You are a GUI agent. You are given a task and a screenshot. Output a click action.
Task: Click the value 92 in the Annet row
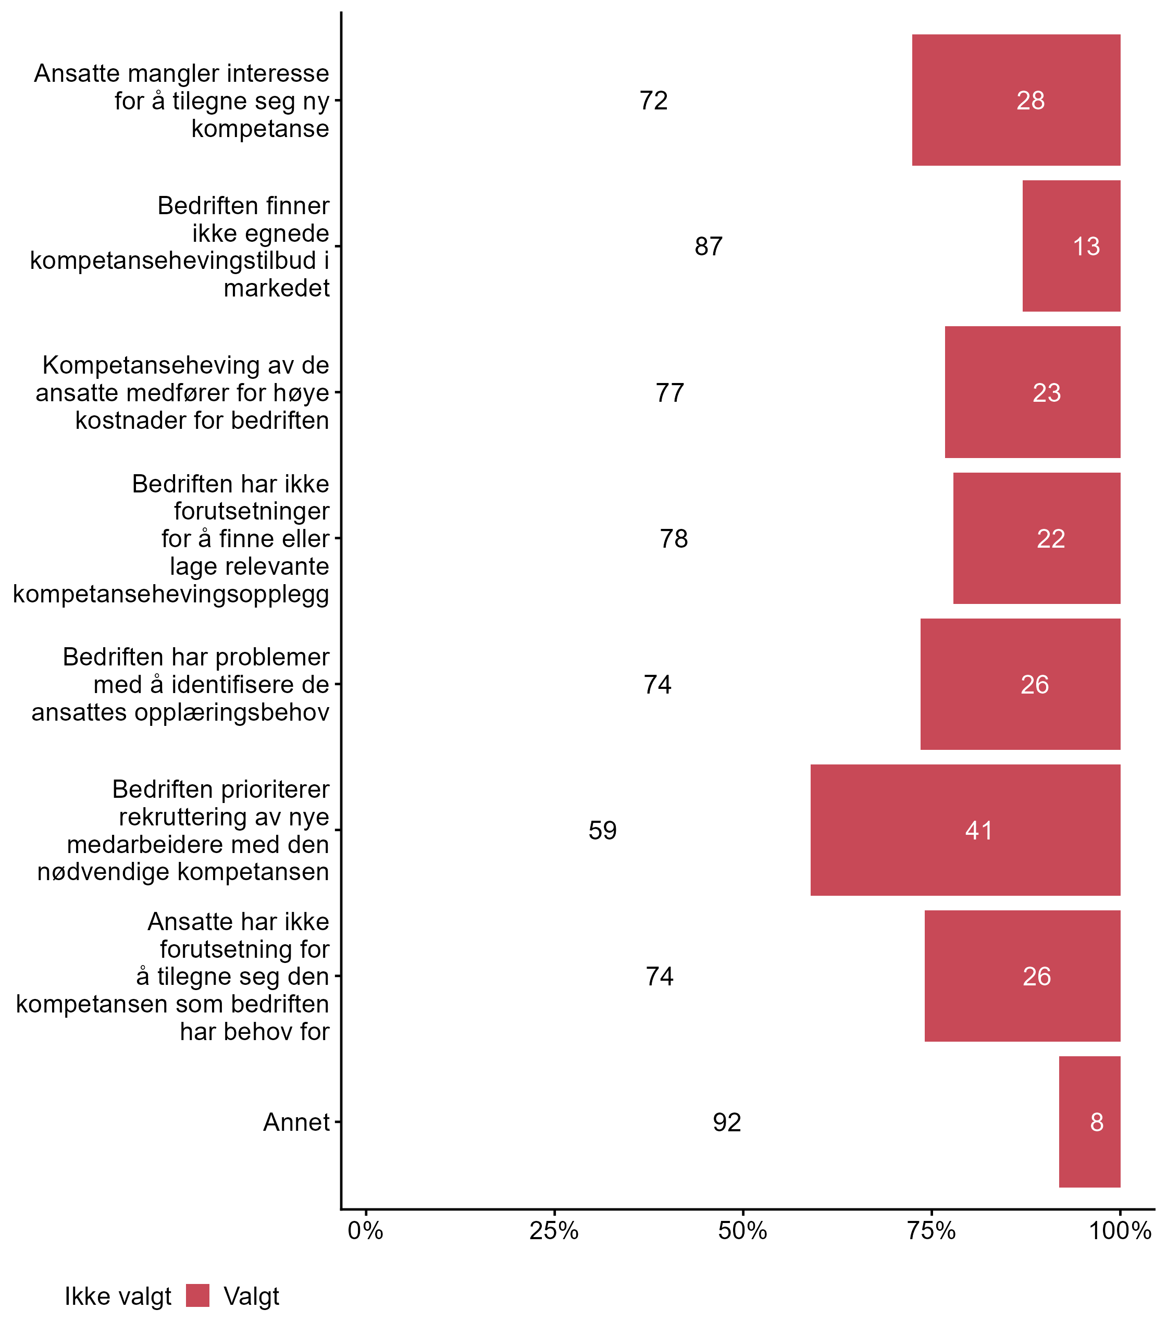click(727, 1122)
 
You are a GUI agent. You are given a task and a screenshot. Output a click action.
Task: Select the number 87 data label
click(709, 246)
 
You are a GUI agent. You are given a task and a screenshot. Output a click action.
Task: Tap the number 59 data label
click(602, 831)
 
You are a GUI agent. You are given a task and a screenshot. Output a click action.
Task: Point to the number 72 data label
click(653, 100)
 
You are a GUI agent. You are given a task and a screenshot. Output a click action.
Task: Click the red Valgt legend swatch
click(197, 1295)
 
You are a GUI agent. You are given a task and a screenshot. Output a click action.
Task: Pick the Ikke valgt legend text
click(118, 1296)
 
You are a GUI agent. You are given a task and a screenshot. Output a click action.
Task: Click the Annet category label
click(296, 1122)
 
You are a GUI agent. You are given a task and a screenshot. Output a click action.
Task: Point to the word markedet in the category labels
click(277, 288)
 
